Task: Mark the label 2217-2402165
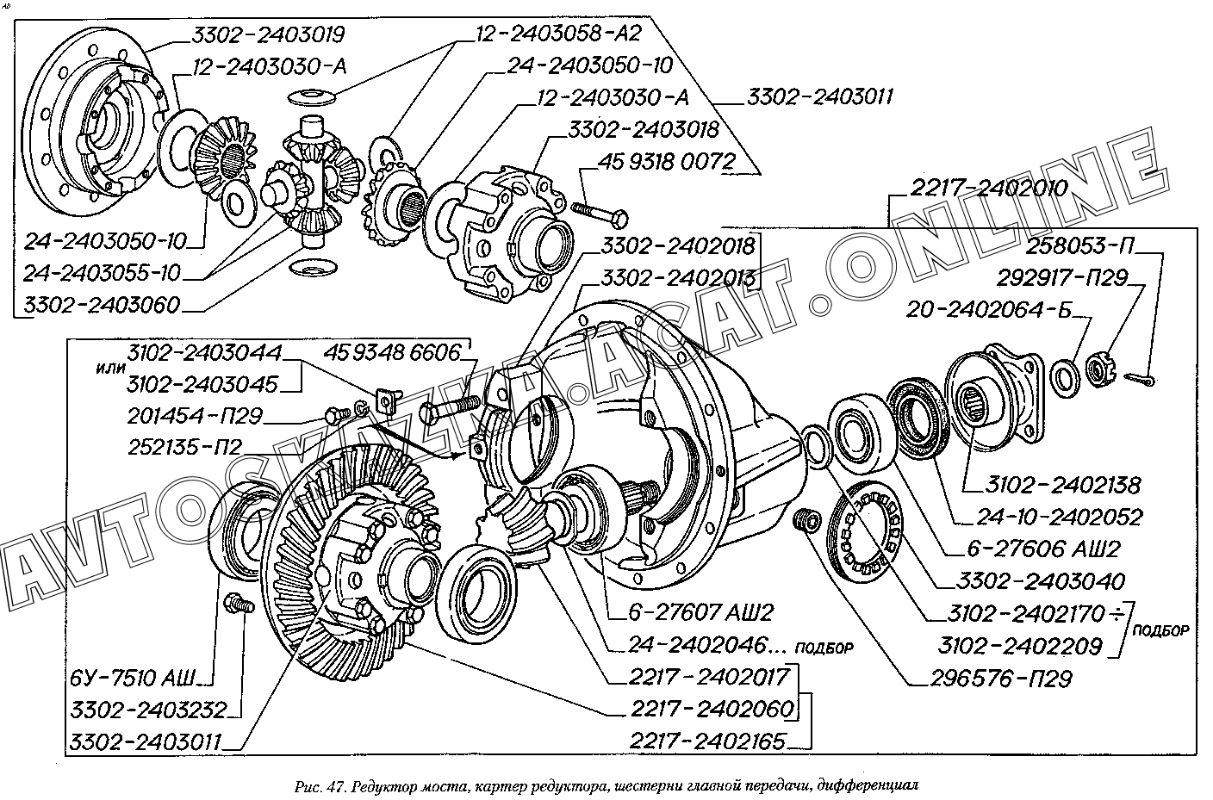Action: coord(708,741)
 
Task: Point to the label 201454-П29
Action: coord(195,416)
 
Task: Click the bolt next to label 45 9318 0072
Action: coord(600,211)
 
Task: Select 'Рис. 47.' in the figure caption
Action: coord(319,785)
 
